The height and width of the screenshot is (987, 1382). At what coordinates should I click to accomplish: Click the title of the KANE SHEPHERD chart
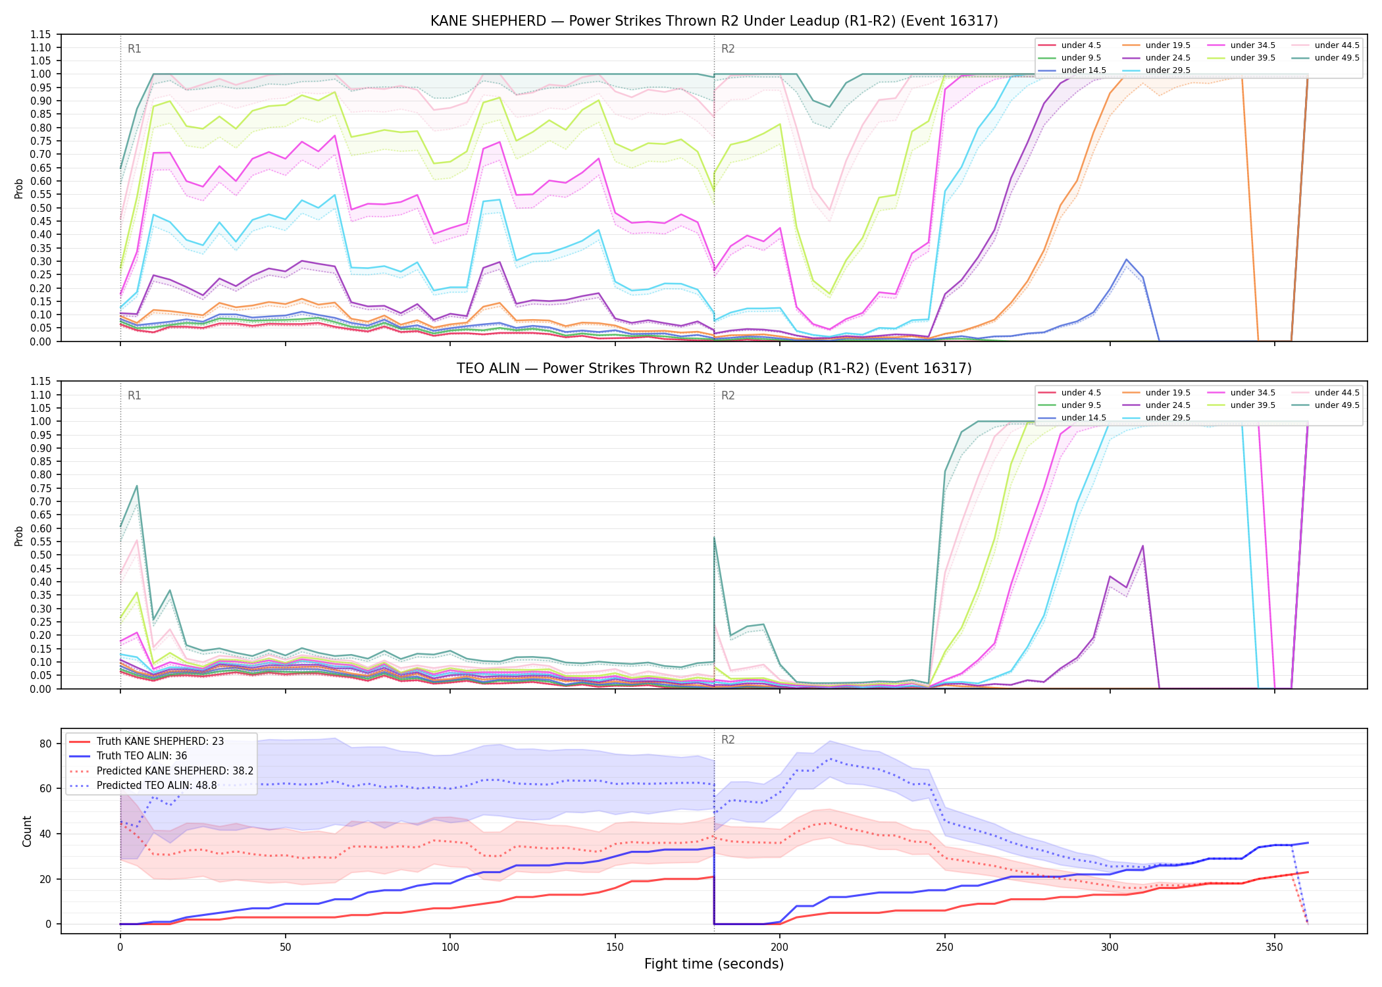click(x=714, y=21)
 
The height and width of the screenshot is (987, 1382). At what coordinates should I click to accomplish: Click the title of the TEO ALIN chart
click(x=714, y=368)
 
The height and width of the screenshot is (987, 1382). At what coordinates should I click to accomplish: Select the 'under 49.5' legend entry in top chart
click(x=1337, y=58)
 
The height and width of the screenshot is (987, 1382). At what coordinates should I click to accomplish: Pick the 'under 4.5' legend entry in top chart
click(x=1081, y=45)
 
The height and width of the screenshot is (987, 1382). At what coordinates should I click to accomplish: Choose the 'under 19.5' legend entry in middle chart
click(x=1167, y=393)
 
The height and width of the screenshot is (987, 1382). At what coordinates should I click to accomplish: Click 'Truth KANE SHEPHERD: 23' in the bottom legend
click(x=160, y=742)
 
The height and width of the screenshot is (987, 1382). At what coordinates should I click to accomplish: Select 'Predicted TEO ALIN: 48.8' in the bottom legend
click(x=157, y=786)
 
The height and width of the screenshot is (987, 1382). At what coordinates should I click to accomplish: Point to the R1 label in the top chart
click(x=134, y=49)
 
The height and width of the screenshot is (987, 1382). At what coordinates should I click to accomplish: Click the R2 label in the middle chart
click(x=728, y=395)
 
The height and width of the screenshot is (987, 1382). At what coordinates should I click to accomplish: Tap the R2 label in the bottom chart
click(x=728, y=740)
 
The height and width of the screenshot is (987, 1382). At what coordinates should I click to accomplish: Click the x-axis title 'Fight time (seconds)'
click(x=714, y=964)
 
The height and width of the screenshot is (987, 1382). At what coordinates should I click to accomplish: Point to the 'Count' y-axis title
click(x=27, y=831)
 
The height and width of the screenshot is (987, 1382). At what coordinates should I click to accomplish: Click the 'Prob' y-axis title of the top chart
click(x=19, y=188)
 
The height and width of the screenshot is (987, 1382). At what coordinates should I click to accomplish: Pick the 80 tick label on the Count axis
click(x=45, y=744)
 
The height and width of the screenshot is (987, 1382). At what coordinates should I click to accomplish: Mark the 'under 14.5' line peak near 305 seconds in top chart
click(x=1126, y=259)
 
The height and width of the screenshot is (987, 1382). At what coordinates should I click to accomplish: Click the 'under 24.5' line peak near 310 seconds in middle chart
click(x=1142, y=545)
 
